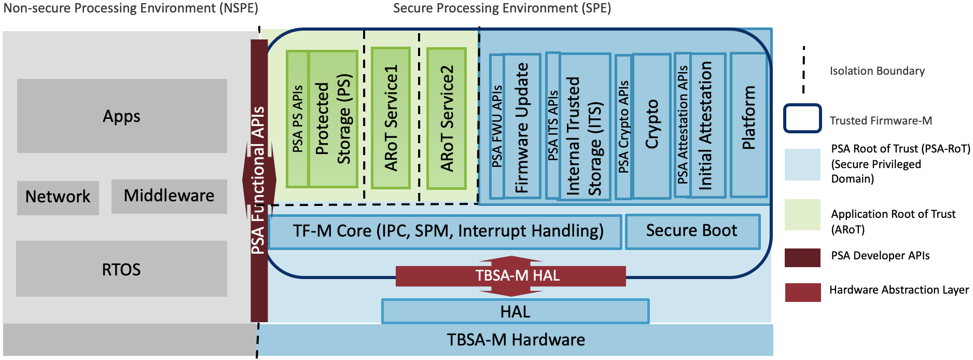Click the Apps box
pyautogui.click(x=122, y=116)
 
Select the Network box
pyautogui.click(x=58, y=197)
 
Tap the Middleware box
pyautogui.click(x=169, y=196)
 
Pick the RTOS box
pyautogui.click(x=121, y=269)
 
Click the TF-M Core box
pyautogui.click(x=445, y=231)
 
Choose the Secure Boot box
pyautogui.click(x=692, y=231)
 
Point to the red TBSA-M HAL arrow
pyautogui.click(x=511, y=275)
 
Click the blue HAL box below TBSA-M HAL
pyautogui.click(x=515, y=311)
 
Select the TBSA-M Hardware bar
pyautogui.click(x=516, y=340)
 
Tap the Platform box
pyautogui.click(x=748, y=124)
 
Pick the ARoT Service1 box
pyautogui.click(x=391, y=118)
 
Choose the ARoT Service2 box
pyautogui.click(x=446, y=118)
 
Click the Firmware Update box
pyautogui.click(x=522, y=126)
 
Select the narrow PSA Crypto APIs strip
pyautogui.click(x=623, y=127)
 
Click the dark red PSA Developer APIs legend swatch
pyautogui.click(x=802, y=257)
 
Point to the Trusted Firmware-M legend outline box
pyautogui.click(x=802, y=118)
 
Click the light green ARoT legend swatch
pyautogui.click(x=802, y=214)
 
